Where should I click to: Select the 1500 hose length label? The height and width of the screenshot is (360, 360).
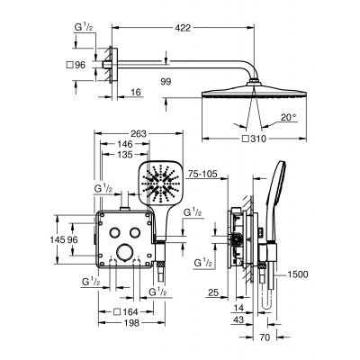[x=301, y=274]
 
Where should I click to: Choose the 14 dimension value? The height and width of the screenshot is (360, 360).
[x=238, y=308]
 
